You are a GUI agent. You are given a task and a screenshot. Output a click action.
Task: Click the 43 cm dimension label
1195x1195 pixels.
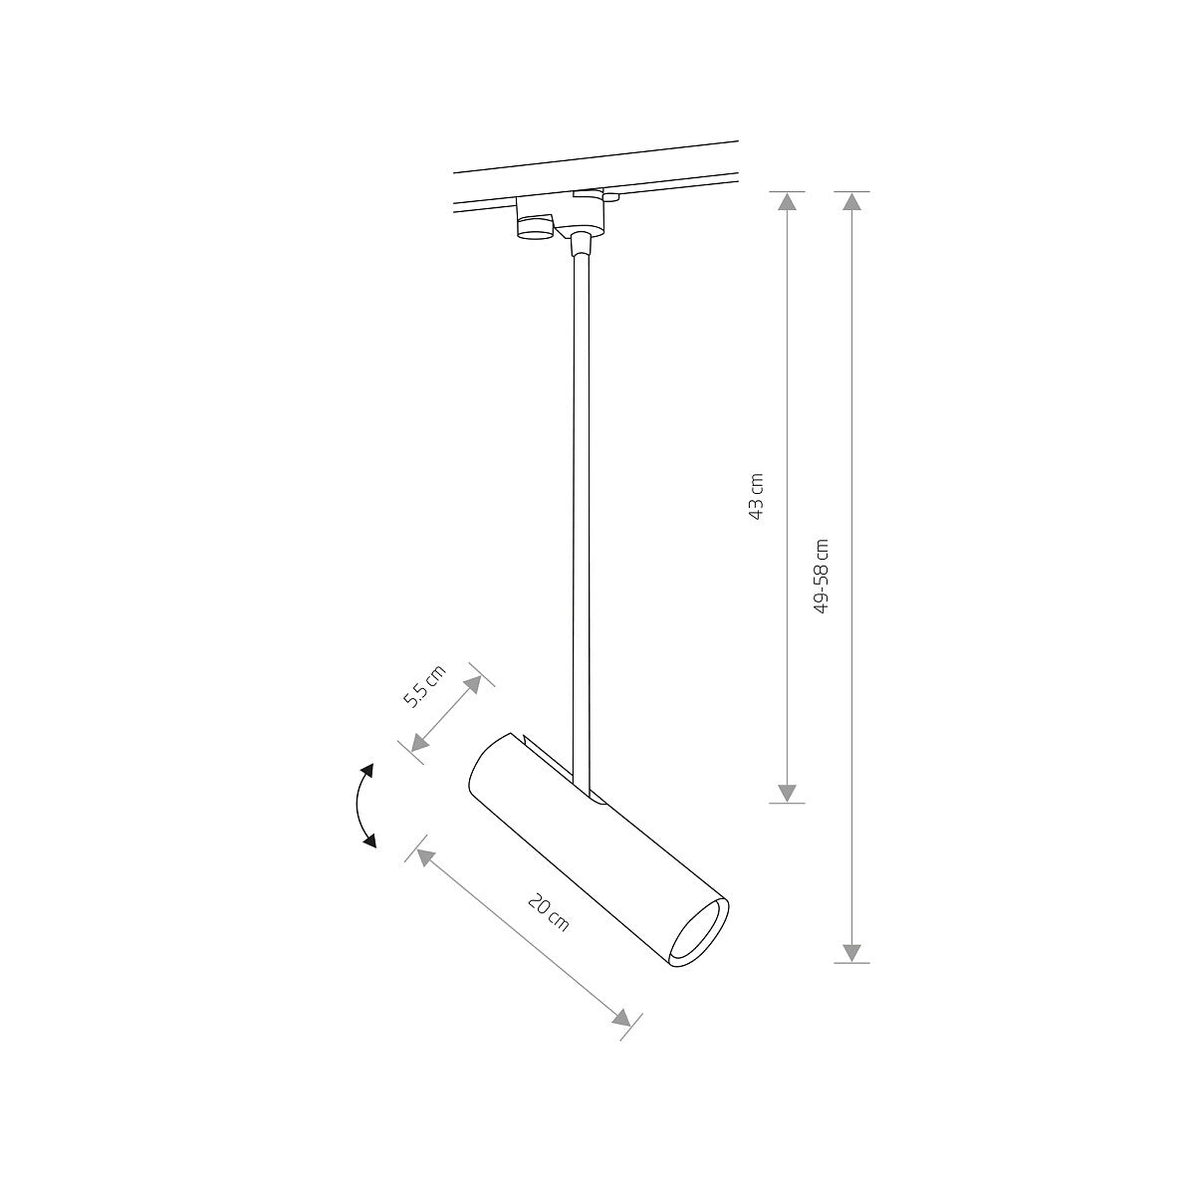coord(757,496)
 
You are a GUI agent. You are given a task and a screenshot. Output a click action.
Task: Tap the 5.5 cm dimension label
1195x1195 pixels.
coord(424,683)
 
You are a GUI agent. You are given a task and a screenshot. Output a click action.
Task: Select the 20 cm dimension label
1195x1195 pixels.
coord(548,912)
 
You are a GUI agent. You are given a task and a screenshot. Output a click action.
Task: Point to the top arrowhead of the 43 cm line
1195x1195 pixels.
coord(787,202)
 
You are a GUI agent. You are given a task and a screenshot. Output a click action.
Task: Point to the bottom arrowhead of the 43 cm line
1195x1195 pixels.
coord(787,792)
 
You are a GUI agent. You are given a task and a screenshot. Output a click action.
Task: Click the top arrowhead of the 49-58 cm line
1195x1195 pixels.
coord(851,202)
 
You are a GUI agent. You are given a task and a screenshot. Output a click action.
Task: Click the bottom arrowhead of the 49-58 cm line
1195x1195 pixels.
coord(851,952)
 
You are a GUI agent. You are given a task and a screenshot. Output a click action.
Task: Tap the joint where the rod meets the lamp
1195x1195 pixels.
coord(580,779)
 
